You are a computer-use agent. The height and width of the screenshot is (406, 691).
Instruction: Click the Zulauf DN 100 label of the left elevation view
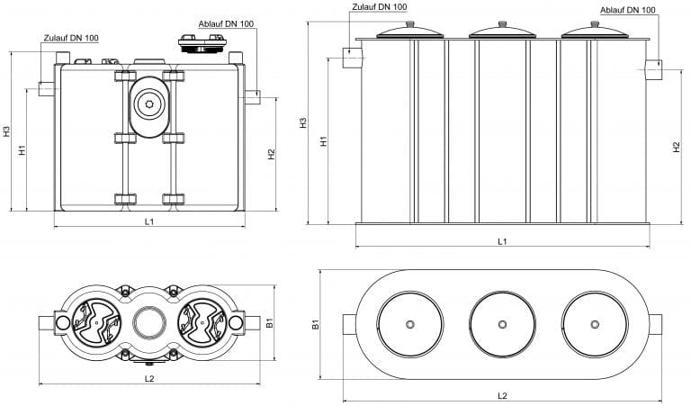tap(71, 38)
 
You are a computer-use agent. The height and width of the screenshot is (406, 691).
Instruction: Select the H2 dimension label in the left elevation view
tap(271, 153)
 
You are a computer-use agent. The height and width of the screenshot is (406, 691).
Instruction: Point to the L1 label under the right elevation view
tap(503, 240)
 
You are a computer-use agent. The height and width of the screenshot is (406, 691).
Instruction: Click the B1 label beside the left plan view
tap(268, 321)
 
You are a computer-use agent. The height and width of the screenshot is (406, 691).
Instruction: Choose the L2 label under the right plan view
tap(503, 396)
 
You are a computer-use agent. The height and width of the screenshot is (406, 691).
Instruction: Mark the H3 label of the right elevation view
tap(303, 122)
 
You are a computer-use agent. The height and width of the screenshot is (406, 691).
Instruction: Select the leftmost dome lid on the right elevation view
tap(410, 32)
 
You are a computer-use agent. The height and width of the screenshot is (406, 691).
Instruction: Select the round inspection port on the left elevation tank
tap(148, 104)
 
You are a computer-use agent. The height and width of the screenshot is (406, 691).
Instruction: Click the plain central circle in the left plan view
tap(148, 322)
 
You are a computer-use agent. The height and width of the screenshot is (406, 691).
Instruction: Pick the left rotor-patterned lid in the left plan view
tap(94, 322)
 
